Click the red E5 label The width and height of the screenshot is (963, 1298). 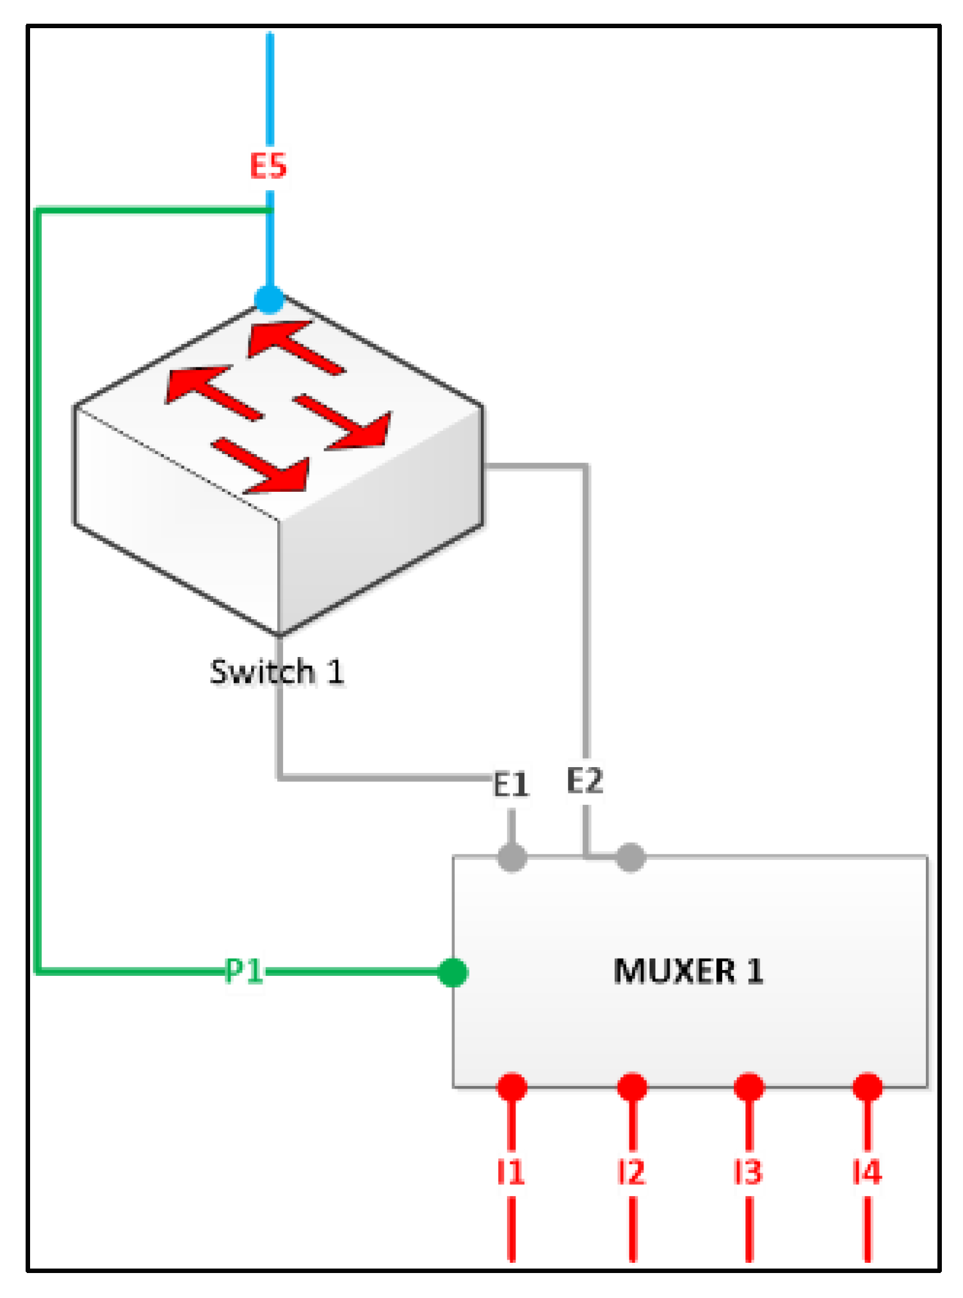(x=268, y=166)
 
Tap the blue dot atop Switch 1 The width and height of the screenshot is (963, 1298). (x=270, y=299)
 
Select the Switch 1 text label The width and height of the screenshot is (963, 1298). (x=277, y=672)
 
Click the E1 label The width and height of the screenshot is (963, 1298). (x=511, y=784)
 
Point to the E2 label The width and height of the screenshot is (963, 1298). (x=585, y=781)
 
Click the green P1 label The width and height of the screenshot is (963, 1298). (x=244, y=971)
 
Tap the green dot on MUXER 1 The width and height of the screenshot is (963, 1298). (x=453, y=973)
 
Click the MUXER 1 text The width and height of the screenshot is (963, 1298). (x=688, y=971)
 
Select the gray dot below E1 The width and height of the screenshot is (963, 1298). (x=512, y=857)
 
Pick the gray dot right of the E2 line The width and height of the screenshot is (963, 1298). (x=631, y=857)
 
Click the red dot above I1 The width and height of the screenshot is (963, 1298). (x=512, y=1087)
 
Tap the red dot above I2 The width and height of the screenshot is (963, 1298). (x=632, y=1087)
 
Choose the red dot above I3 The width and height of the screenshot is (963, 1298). (x=749, y=1087)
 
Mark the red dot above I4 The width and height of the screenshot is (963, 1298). (x=868, y=1087)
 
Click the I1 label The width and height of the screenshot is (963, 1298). (x=511, y=1172)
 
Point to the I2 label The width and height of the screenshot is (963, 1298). (x=631, y=1172)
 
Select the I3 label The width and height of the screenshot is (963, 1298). (x=749, y=1172)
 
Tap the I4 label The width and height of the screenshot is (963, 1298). (x=868, y=1172)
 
